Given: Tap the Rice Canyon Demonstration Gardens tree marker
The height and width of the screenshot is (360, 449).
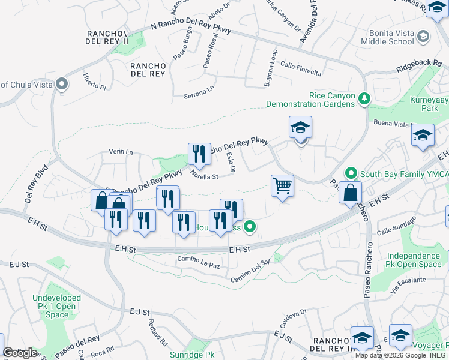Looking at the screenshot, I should (x=363, y=98).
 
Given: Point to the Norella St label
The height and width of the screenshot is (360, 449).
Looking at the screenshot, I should (x=203, y=176).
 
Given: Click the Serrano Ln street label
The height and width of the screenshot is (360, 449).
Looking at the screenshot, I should (x=199, y=92).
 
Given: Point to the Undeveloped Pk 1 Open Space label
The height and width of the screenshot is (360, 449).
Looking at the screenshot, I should (x=57, y=306).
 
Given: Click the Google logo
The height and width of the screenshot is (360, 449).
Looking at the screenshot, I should (x=20, y=353).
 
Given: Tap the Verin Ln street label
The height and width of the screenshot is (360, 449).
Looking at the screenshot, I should (x=121, y=152).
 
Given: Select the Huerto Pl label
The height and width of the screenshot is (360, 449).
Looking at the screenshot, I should (x=95, y=82).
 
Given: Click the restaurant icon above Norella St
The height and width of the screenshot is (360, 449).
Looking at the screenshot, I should (x=199, y=154).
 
